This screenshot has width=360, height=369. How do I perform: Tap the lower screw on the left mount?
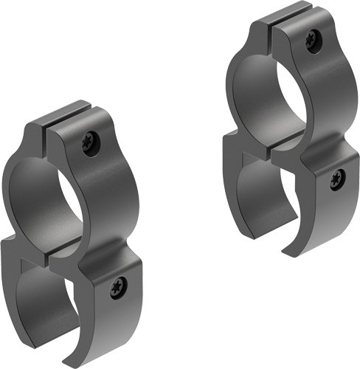117,288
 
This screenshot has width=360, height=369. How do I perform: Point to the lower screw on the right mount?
336,178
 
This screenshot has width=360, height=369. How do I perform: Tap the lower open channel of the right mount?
273,199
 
